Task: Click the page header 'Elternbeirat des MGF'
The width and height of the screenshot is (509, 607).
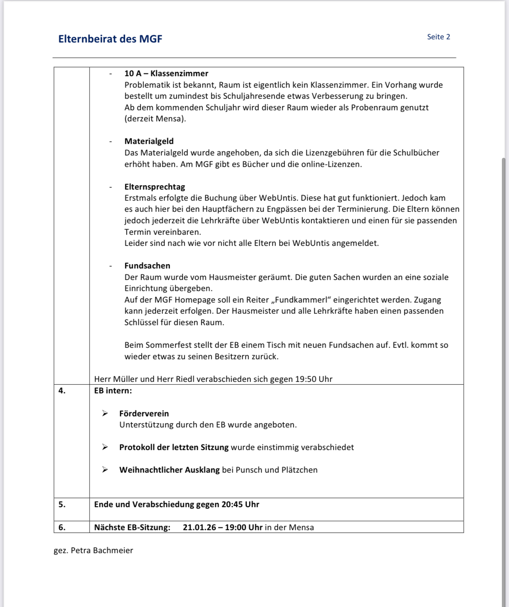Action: coord(110,39)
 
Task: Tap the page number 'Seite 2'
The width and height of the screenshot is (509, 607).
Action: coord(438,37)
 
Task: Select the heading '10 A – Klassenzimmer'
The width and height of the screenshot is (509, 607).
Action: coord(166,73)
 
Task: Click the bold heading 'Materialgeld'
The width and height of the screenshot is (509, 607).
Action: coord(149,141)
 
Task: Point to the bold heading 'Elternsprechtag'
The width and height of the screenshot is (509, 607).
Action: coord(155,187)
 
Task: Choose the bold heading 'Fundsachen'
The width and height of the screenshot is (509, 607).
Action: coord(147,266)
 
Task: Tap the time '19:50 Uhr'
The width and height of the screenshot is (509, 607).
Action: coord(314,379)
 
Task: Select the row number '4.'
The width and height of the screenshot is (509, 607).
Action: coord(62,391)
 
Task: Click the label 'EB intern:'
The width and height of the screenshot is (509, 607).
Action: coord(113,391)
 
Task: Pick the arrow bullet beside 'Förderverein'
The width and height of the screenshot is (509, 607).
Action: coord(105,414)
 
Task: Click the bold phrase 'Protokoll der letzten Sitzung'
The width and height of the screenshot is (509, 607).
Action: coord(174,447)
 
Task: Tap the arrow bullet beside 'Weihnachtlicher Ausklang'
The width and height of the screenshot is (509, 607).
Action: coord(105,470)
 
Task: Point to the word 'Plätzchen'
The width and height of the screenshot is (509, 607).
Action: coord(299,470)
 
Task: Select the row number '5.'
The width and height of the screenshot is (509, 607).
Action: coord(62,504)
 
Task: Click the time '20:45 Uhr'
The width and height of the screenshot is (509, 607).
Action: coord(240,504)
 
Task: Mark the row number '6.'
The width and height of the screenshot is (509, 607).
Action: coord(62,527)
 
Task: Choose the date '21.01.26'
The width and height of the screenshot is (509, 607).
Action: coord(199,527)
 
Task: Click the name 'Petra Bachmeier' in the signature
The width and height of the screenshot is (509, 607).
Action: coord(102,550)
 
